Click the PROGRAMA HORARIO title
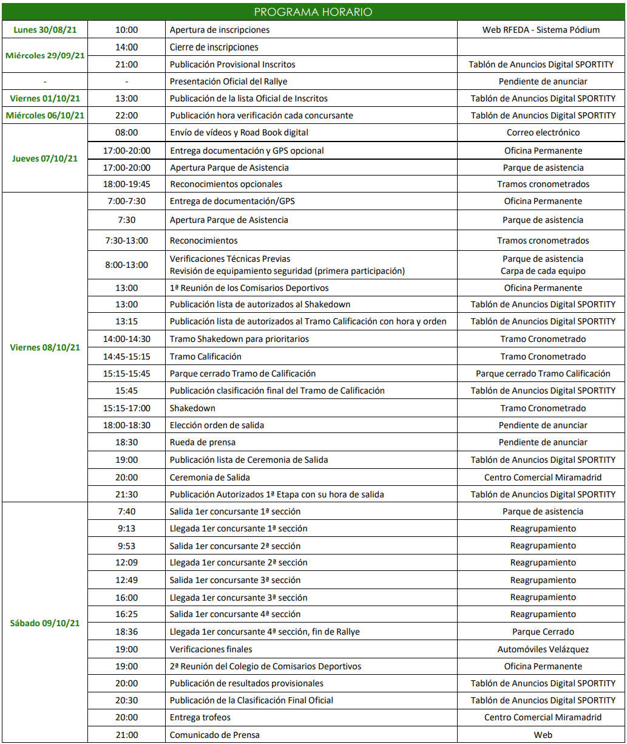(313, 12)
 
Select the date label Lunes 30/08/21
(45, 30)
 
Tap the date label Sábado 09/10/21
(45, 623)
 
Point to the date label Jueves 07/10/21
(45, 159)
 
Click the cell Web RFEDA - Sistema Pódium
(541, 30)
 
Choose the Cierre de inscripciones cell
(214, 47)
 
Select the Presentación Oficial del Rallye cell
(228, 81)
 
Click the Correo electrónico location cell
(543, 132)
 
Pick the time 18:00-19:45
(126, 184)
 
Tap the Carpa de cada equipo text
(543, 271)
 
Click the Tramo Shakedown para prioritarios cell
(239, 339)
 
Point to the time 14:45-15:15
(126, 357)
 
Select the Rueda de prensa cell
(203, 442)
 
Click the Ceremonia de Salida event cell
(210, 477)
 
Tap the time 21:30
(126, 494)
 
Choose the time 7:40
(126, 511)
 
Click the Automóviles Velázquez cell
(543, 649)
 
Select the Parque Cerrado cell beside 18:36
(543, 632)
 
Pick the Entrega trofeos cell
(200, 717)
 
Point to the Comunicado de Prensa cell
(214, 735)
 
